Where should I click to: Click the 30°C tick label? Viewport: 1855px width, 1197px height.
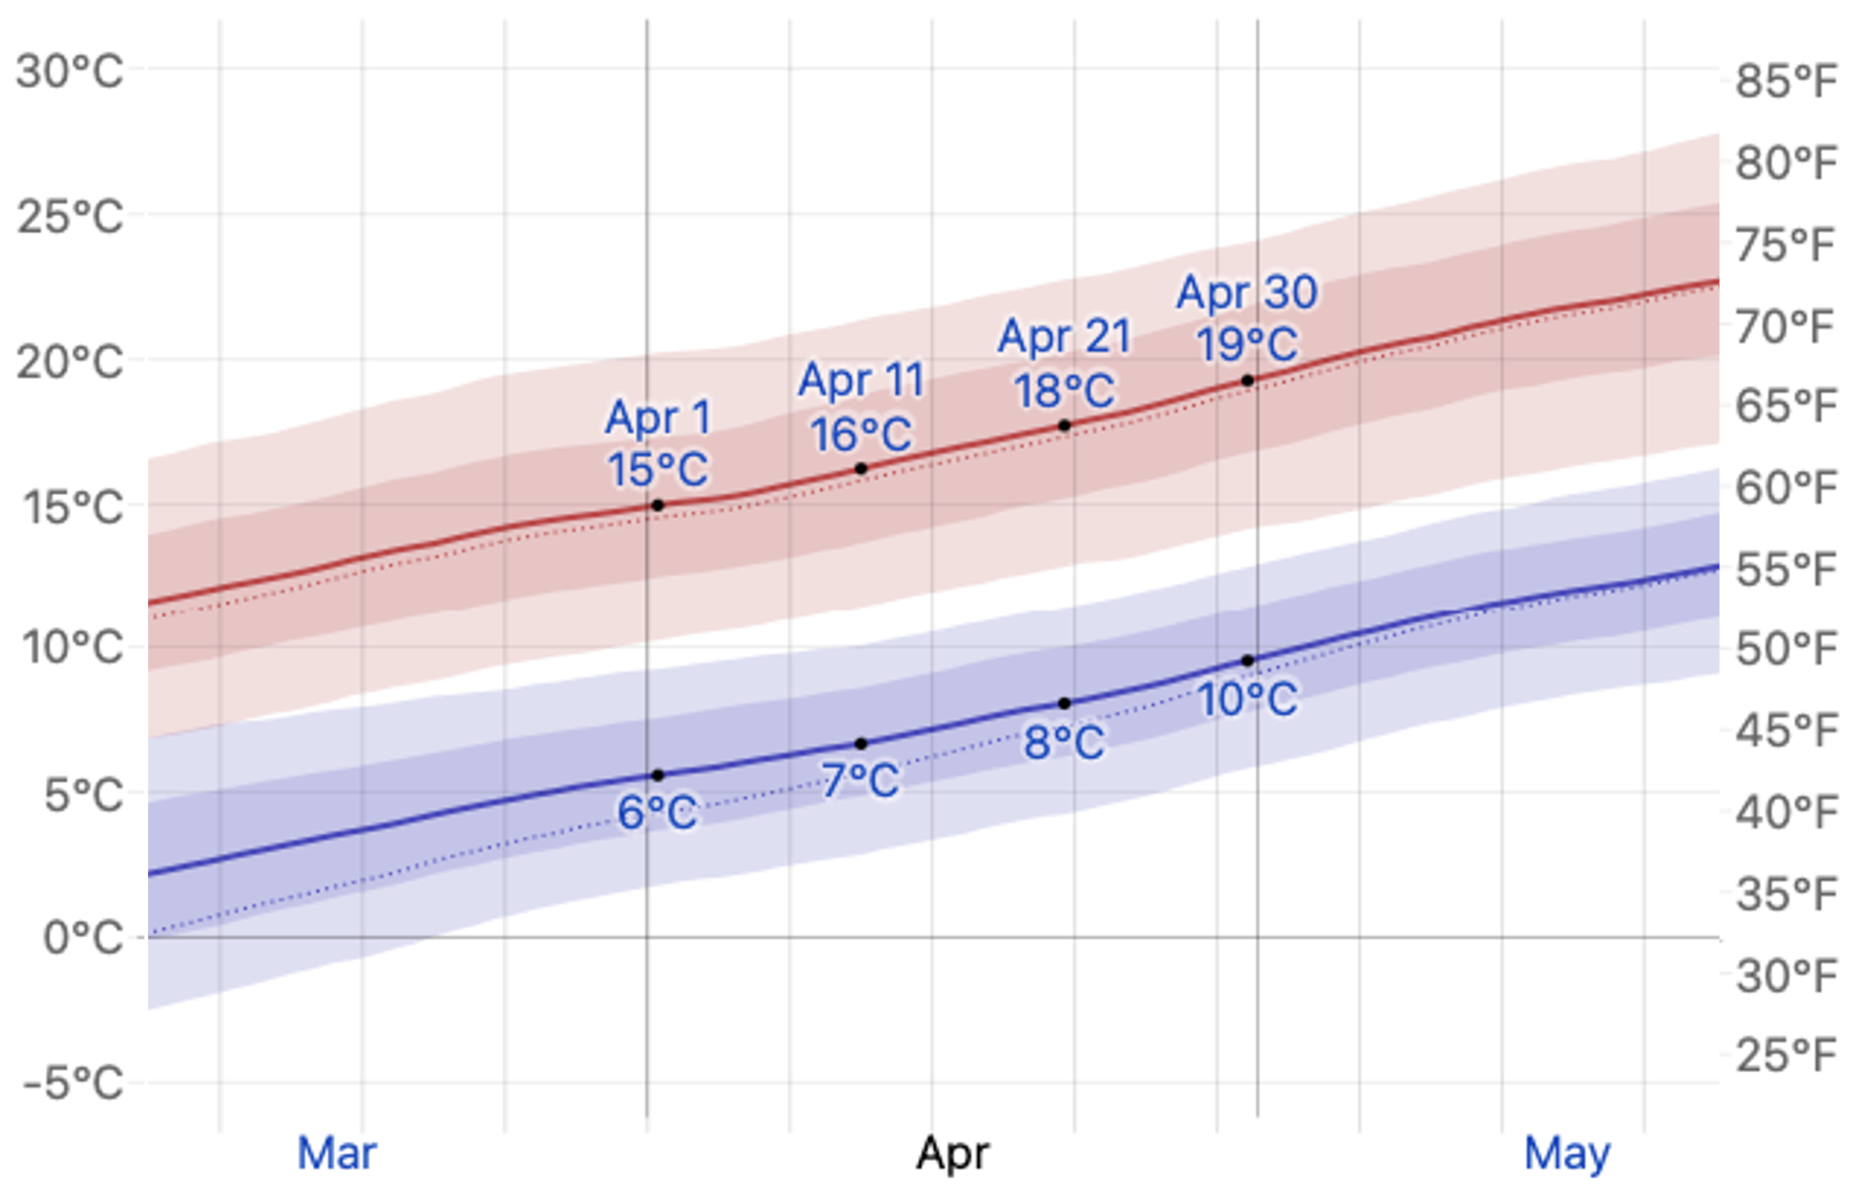[70, 72]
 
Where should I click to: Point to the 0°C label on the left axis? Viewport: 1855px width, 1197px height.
[83, 938]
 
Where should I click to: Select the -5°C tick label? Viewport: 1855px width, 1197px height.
[73, 1083]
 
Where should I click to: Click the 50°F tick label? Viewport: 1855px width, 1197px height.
[1786, 648]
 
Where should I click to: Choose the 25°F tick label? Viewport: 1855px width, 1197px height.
[1786, 1055]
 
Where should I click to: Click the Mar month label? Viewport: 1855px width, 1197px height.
[337, 1153]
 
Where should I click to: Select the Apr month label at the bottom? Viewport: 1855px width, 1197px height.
[953, 1153]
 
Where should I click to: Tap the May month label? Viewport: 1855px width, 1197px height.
[1567, 1153]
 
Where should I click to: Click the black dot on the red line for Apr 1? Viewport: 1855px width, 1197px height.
[657, 505]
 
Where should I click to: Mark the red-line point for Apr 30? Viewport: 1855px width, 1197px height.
[1247, 381]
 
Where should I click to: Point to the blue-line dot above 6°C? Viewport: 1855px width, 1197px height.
[657, 775]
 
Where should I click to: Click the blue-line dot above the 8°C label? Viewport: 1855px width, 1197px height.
[1065, 703]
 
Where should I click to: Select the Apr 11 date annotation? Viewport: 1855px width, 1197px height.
[861, 380]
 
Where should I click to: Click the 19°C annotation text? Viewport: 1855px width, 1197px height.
[1246, 344]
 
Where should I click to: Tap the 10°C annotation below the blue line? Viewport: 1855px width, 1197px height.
[1246, 700]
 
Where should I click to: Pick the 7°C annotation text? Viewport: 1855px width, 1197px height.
[860, 780]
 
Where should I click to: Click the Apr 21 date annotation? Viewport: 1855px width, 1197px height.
[1064, 337]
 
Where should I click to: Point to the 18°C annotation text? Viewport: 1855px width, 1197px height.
[1064, 390]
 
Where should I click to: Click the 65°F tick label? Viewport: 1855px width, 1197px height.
[1786, 405]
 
